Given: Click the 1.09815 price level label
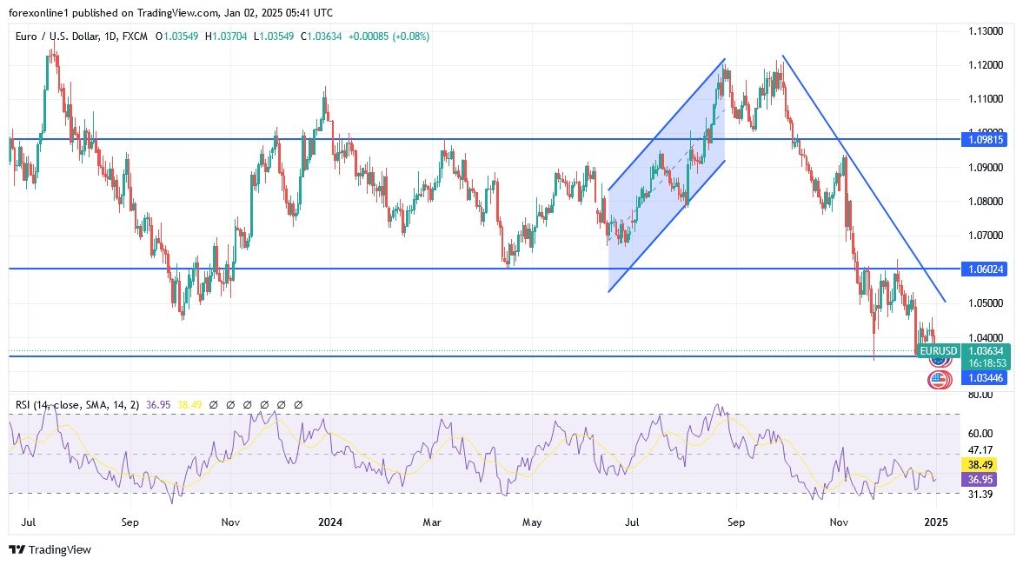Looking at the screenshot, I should (x=986, y=139).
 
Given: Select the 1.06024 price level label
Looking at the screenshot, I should (x=986, y=269).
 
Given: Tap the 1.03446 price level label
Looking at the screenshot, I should (x=986, y=378).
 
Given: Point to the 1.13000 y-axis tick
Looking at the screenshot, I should (x=986, y=31).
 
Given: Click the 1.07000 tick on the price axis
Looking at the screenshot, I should (x=986, y=236).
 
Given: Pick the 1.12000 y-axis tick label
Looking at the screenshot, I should (x=986, y=65).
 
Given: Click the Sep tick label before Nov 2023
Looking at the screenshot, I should (x=130, y=522).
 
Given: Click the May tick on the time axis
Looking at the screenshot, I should (x=532, y=522).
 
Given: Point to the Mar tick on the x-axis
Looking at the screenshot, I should (x=431, y=522).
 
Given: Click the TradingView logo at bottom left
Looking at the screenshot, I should (x=50, y=549).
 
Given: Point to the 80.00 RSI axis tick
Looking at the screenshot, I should (x=981, y=395).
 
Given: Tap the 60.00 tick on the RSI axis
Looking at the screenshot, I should (x=981, y=433).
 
